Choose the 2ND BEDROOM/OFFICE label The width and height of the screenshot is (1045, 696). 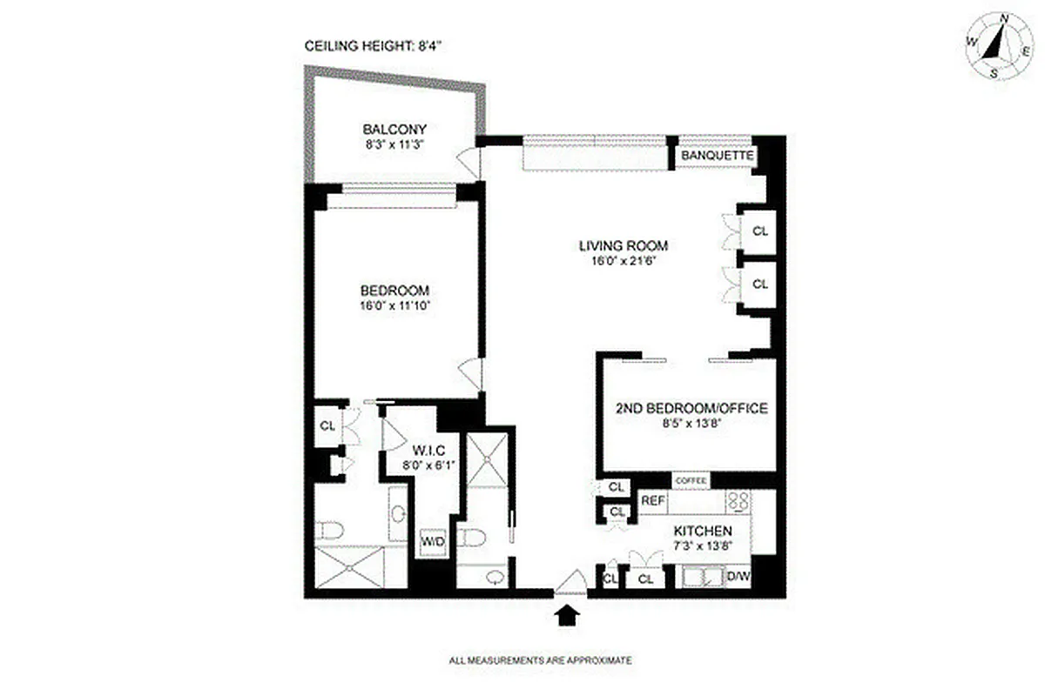(x=691, y=408)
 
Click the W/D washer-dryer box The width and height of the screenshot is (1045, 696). (x=433, y=541)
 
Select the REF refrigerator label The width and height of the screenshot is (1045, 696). (x=652, y=501)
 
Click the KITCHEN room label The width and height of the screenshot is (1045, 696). (x=701, y=532)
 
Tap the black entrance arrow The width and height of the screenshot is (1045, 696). (x=567, y=616)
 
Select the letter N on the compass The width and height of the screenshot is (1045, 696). (x=1004, y=18)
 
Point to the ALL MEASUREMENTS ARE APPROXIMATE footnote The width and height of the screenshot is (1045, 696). (x=540, y=661)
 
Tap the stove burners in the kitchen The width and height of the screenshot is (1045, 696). (x=738, y=501)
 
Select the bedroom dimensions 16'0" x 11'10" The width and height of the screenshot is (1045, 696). (x=394, y=305)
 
